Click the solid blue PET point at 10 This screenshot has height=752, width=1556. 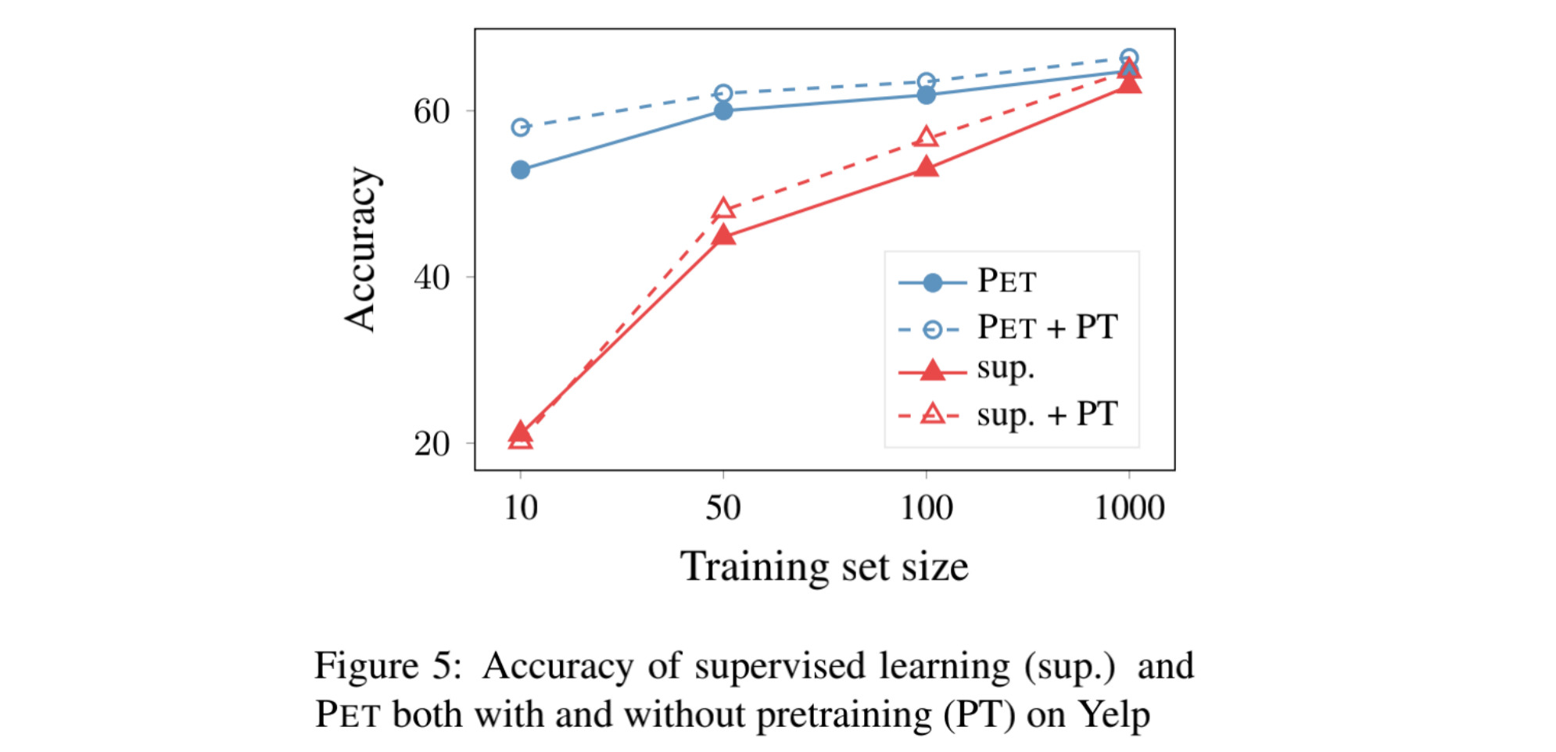(520, 170)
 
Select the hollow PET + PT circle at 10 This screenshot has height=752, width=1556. (520, 127)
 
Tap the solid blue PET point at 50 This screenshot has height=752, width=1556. (723, 111)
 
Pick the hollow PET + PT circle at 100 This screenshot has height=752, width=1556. (926, 81)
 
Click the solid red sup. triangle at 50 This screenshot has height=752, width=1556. (723, 235)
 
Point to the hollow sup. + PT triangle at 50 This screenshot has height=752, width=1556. (723, 209)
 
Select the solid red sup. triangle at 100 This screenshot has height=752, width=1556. (926, 167)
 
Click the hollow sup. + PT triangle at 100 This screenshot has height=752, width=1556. (926, 137)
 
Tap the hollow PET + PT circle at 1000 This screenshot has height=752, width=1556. (1128, 57)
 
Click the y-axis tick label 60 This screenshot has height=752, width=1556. (432, 112)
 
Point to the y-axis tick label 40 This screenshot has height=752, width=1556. (432, 278)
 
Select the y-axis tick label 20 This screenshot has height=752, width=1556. (432, 444)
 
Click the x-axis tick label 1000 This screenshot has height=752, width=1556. (1128, 508)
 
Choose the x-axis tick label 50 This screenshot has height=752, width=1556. (723, 508)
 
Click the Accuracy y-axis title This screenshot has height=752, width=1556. (361, 250)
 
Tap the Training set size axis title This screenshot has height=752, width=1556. (824, 566)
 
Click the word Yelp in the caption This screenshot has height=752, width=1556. (1113, 714)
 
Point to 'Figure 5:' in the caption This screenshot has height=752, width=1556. (388, 666)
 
